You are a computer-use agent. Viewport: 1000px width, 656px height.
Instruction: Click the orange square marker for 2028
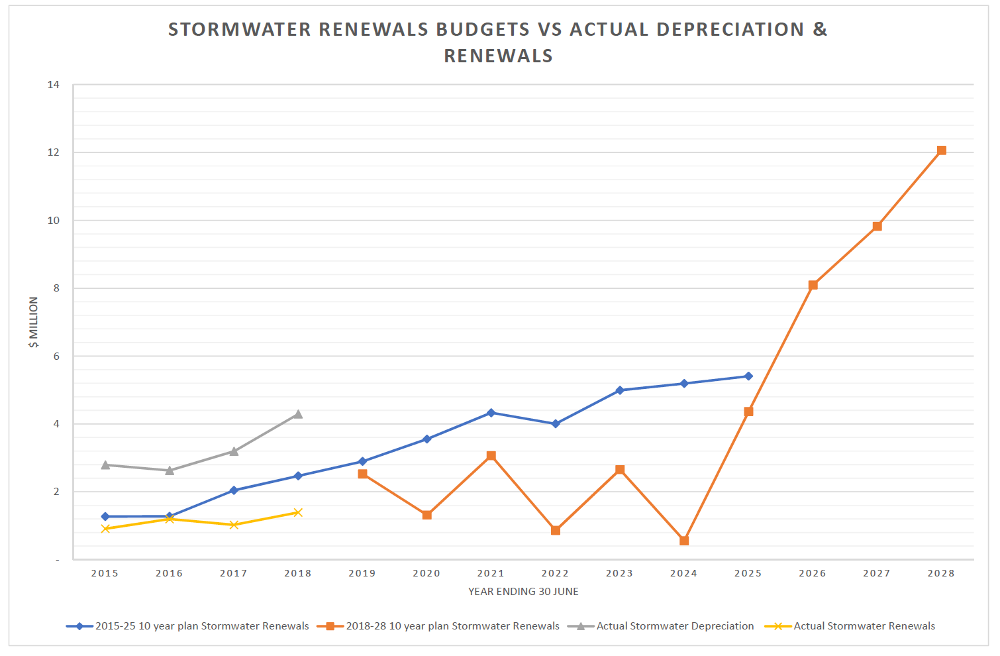[x=941, y=150]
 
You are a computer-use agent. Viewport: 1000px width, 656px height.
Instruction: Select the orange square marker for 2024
[x=684, y=541]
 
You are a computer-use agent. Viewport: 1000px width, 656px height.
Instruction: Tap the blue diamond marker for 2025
[x=748, y=376]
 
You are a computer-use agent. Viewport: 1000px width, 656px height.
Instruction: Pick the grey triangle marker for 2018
[x=298, y=414]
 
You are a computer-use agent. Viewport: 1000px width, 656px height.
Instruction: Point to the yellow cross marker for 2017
[x=234, y=525]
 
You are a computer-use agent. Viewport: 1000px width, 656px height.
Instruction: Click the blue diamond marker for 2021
[x=491, y=413]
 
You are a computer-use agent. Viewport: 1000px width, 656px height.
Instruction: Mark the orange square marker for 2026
[x=813, y=285]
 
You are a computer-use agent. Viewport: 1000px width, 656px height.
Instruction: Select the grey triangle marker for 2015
[x=105, y=465]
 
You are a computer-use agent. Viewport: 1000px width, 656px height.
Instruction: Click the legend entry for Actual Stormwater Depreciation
[x=675, y=626]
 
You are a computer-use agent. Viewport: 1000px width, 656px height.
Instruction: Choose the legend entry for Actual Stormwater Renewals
[x=864, y=626]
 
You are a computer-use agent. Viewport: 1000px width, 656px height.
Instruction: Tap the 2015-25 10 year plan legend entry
[x=201, y=626]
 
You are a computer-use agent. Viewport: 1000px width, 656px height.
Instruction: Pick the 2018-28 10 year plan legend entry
[x=452, y=626]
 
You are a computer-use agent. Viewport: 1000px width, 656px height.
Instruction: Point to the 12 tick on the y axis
[x=54, y=152]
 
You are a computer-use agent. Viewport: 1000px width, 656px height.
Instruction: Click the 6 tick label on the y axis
[x=56, y=356]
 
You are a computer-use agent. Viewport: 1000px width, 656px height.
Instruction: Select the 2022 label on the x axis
[x=555, y=574]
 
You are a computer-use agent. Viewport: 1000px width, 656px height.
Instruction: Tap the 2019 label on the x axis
[x=362, y=574]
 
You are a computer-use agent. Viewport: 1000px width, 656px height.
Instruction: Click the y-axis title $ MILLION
[x=33, y=322]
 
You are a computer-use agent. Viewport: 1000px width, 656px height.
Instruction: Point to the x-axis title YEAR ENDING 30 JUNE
[x=523, y=592]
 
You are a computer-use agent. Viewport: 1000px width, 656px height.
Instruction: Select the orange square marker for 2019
[x=362, y=474]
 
